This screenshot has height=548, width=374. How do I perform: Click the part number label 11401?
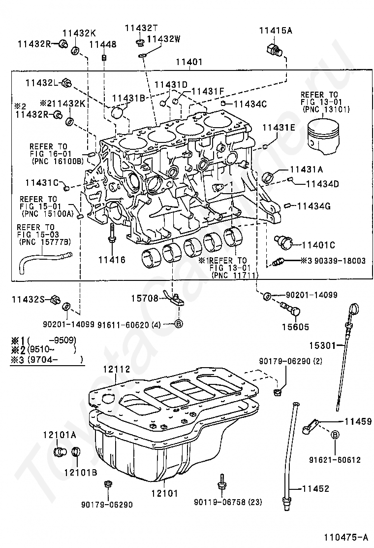tap(189, 62)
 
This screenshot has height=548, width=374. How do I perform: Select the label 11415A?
tap(276, 31)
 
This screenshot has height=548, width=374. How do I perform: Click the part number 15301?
tap(322, 345)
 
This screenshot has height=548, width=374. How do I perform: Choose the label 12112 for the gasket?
tap(117, 369)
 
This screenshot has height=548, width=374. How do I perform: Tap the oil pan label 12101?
tap(165, 493)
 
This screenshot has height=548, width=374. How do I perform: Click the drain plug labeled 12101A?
tap(60, 451)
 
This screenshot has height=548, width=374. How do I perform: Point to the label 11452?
tap(316, 488)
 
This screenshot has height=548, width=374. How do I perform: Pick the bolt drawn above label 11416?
tap(112, 234)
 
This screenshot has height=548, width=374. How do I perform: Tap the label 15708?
tap(145, 298)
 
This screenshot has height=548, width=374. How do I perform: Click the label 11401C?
tap(318, 245)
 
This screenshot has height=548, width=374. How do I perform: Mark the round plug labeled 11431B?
tap(118, 113)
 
